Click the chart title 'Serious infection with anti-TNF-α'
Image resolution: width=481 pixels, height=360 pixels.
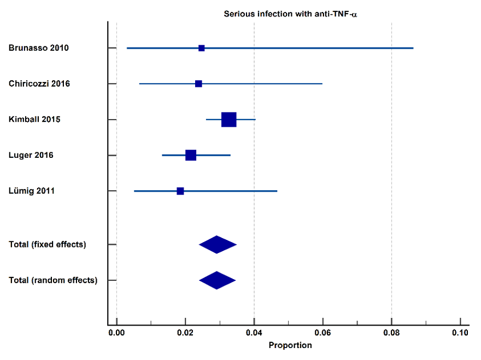(x=290, y=14)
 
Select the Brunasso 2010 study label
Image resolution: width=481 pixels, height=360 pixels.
(x=39, y=48)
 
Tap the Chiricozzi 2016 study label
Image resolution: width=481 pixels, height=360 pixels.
(x=39, y=84)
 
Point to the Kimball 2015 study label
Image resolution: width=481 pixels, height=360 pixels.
(x=34, y=119)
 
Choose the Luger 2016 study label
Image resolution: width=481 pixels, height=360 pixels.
(x=31, y=155)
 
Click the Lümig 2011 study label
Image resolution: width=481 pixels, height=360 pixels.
(x=32, y=191)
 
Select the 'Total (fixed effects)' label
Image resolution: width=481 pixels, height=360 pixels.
(x=48, y=244)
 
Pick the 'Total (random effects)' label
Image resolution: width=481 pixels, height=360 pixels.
(x=53, y=280)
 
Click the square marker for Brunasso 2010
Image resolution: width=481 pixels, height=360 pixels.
(x=202, y=48)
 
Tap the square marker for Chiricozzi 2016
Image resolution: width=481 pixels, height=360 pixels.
(x=198, y=84)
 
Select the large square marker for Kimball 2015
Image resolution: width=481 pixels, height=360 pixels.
(x=229, y=120)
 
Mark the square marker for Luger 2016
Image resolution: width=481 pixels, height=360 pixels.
(x=191, y=155)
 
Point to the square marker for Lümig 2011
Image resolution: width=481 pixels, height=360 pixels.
(x=180, y=191)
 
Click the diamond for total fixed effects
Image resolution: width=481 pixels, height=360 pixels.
(x=218, y=244)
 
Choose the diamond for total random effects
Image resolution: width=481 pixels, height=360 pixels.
(x=217, y=280)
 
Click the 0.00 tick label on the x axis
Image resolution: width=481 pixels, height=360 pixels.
(x=116, y=333)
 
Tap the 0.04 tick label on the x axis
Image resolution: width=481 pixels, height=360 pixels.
(x=254, y=333)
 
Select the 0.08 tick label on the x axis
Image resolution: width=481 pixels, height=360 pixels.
(x=391, y=333)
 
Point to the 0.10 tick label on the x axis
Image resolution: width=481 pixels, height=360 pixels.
(x=460, y=333)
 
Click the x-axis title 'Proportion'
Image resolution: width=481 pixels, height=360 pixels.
(x=290, y=345)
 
